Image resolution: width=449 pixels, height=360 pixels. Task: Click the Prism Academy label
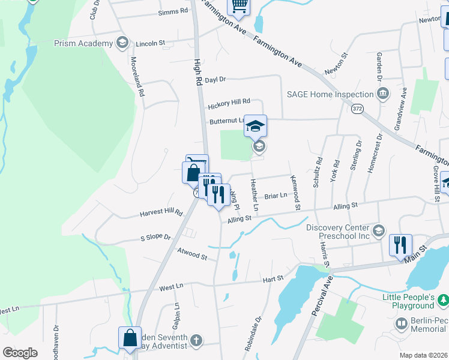(83, 43)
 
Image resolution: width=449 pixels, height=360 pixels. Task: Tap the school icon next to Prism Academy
(122, 43)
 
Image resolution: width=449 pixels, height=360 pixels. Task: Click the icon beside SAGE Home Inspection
(382, 94)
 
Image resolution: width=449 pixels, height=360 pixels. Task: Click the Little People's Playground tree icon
(442, 299)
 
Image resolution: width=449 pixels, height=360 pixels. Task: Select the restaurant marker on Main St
(400, 245)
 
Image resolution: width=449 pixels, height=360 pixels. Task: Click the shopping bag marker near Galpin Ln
(130, 337)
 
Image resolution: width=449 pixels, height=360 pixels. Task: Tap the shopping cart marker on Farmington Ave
(239, 5)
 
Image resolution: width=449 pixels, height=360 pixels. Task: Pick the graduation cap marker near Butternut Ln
(256, 125)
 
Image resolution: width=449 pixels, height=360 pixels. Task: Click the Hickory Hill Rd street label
(229, 106)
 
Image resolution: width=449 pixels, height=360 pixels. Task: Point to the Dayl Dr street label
(215, 79)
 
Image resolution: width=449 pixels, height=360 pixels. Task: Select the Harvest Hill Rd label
(161, 213)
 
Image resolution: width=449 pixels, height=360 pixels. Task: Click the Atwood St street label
(191, 254)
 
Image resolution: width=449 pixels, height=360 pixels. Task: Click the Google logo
(20, 353)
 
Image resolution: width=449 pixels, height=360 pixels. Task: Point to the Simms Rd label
(173, 11)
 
